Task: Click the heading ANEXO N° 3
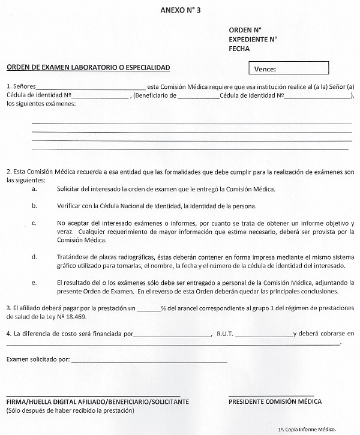pyautogui.click(x=179, y=11)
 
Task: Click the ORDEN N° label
pyautogui.click(x=245, y=29)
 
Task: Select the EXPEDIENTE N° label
pyautogui.click(x=253, y=39)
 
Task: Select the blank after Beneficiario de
pyautogui.click(x=198, y=96)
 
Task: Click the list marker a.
pyautogui.click(x=34, y=189)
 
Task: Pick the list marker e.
pyautogui.click(x=34, y=282)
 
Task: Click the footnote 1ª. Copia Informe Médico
pyautogui.click(x=307, y=428)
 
